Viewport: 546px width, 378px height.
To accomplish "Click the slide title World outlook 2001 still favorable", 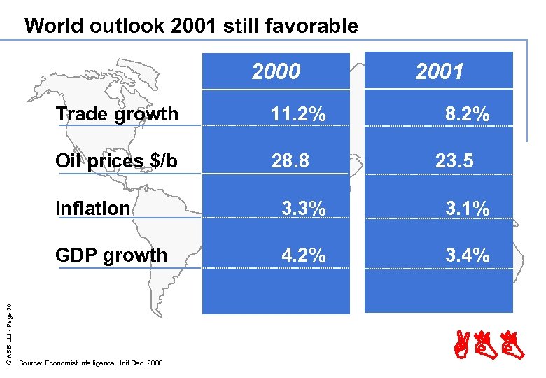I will point(191,27).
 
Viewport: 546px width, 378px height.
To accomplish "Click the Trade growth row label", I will point(117,113).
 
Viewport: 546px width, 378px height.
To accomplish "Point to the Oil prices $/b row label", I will point(116,161).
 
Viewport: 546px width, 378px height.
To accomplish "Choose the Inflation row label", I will point(92,208).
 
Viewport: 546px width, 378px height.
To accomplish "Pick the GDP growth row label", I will point(111,255).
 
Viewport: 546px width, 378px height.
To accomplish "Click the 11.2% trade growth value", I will point(298,114).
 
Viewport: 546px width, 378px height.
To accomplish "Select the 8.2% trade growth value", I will point(467,114).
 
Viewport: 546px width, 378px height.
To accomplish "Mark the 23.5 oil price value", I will point(454,161).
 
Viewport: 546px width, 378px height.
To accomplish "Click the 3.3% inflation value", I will point(303,208).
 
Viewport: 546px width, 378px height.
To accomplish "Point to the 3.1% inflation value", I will point(468,208).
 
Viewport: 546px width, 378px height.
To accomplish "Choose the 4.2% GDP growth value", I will point(303,255).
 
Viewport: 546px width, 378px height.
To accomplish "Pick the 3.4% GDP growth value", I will point(468,255).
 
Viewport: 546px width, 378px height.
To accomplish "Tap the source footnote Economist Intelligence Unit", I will point(90,363).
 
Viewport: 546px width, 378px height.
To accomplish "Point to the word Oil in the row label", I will point(68,161).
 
